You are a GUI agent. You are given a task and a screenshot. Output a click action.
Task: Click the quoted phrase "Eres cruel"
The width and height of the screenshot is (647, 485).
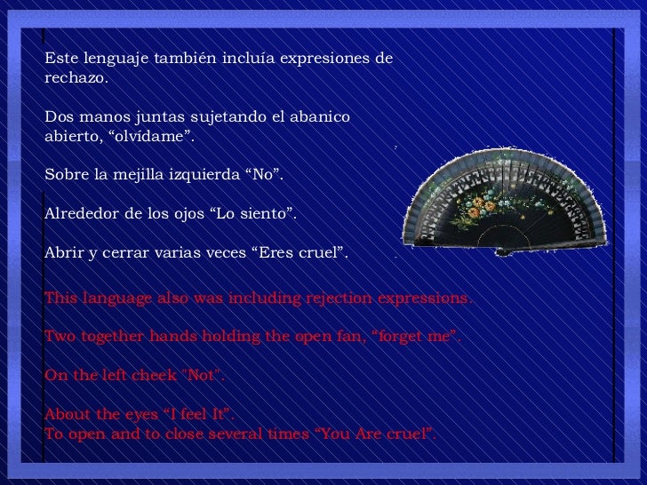(301, 254)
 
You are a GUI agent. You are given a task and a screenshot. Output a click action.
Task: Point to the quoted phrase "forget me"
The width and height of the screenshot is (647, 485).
(416, 338)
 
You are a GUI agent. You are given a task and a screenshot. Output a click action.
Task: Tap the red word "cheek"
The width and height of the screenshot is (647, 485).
(154, 376)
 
